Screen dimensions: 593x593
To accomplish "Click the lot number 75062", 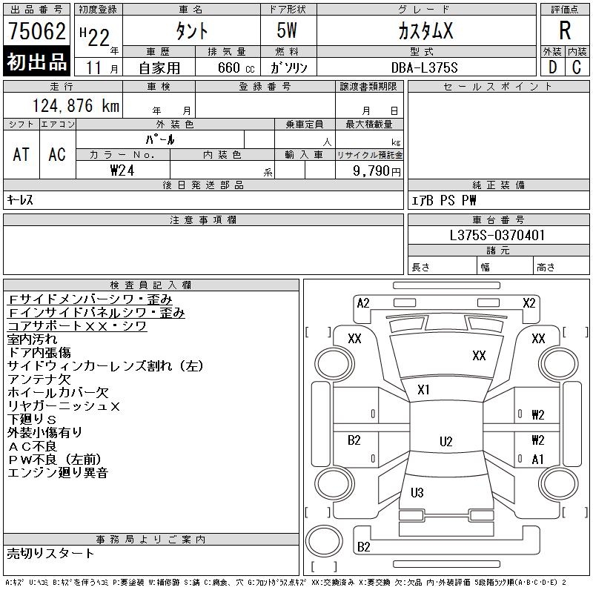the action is pos(36,31).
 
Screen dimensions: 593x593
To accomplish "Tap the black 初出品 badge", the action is pos(36,62).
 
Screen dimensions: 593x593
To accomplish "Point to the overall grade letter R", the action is pos(565,31).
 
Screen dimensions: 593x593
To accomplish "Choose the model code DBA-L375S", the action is pos(425,67).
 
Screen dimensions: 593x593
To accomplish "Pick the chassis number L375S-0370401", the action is pos(497,236).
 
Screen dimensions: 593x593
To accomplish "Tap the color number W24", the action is pos(123,170).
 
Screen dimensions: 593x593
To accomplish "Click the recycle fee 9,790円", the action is pos(378,170).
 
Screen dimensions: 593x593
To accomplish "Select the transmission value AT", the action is pos(21,154).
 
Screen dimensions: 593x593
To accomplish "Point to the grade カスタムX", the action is pos(425,31).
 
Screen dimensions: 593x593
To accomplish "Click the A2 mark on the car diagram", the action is pos(363,302).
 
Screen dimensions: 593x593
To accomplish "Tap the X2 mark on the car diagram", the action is pos(529,302).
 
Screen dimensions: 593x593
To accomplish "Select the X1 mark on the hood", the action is pos(424,389).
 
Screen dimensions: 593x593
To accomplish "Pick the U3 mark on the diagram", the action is pos(417,492).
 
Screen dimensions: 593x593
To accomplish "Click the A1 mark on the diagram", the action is pos(538,460).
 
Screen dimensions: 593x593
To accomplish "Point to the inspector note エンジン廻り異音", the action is pos(58,472).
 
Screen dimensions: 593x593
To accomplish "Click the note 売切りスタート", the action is pos(50,553).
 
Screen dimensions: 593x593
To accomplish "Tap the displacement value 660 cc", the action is pos(228,67).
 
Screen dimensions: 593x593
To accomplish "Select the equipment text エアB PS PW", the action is pos(444,200).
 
